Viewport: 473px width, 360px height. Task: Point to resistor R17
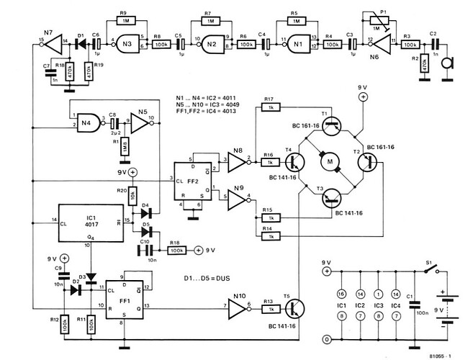[268, 108]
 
